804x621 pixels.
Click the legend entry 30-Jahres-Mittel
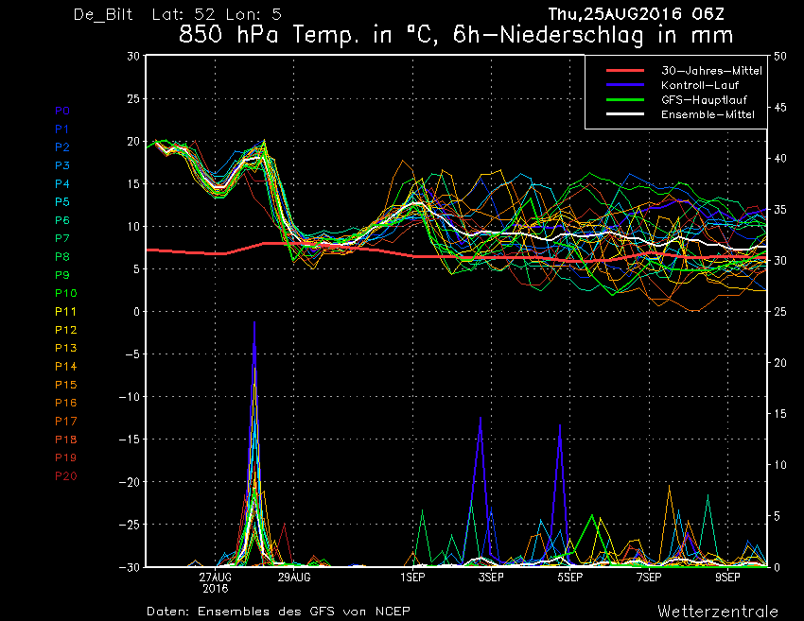(711, 71)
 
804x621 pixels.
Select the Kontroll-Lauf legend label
(700, 85)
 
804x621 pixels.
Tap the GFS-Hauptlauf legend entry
(704, 99)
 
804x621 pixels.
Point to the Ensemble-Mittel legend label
(708, 114)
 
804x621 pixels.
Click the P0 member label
(62, 111)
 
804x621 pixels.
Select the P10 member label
(65, 293)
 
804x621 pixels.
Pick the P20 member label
(65, 476)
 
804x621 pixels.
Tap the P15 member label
(65, 385)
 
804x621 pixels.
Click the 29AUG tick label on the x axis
(294, 578)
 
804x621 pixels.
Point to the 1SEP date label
(412, 578)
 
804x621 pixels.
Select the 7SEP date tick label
(649, 578)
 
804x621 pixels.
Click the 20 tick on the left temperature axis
(133, 142)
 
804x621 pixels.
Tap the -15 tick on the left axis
(130, 440)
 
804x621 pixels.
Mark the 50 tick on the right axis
(780, 57)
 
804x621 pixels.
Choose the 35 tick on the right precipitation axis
(780, 210)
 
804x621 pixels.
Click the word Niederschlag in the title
(571, 35)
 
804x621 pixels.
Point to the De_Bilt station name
(103, 14)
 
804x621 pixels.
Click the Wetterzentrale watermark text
(718, 612)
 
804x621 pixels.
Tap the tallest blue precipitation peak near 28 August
(254, 322)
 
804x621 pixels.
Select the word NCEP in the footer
(393, 612)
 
